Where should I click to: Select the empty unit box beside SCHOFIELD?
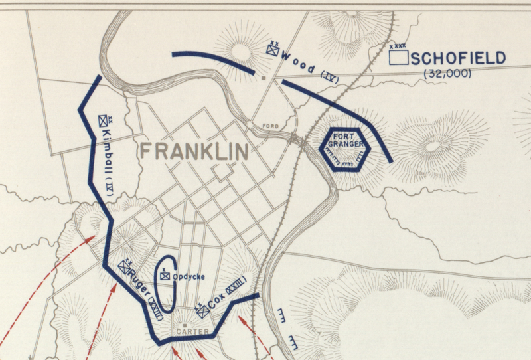pyautogui.click(x=398, y=57)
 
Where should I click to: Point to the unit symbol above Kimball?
pyautogui.click(x=103, y=121)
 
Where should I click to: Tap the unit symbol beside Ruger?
pyautogui.click(x=123, y=266)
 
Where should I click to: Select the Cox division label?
pyautogui.click(x=217, y=300)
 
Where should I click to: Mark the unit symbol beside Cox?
pyautogui.click(x=201, y=310)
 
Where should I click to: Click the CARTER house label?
pyautogui.click(x=193, y=331)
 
